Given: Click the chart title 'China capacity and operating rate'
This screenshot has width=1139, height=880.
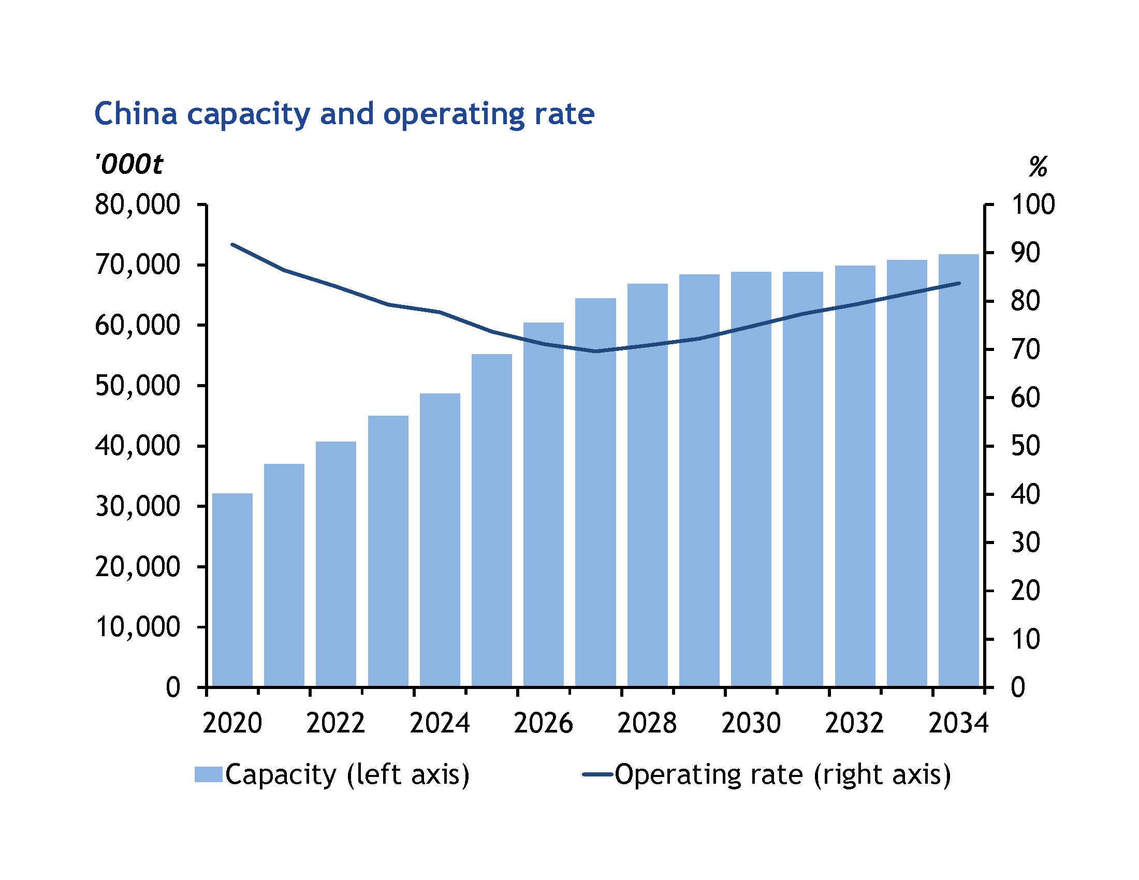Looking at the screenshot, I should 344,114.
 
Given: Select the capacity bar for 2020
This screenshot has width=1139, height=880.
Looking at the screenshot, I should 232,589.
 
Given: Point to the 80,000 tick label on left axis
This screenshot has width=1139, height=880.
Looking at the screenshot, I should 138,204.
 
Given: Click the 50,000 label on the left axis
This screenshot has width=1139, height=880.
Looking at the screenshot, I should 138,386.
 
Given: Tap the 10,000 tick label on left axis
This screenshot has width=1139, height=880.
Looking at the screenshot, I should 138,627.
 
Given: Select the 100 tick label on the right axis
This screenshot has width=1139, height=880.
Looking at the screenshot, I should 1033,204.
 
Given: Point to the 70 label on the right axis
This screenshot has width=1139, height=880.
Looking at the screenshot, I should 1025,349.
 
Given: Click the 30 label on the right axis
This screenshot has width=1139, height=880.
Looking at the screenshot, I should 1025,542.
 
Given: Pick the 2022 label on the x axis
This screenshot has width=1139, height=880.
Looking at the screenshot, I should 335,723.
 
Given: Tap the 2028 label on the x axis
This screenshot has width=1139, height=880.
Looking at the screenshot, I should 647,723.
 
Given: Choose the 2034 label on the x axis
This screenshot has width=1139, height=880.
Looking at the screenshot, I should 958,723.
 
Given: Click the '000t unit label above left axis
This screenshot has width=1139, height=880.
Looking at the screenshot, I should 129,165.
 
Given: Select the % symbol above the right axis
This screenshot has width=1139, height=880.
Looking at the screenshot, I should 1038,167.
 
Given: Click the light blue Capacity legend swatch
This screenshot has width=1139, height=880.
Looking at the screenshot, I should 209,774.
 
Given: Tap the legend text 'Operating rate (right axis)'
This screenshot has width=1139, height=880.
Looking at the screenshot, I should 783,774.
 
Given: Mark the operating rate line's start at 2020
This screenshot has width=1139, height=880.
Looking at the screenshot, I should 232,244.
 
